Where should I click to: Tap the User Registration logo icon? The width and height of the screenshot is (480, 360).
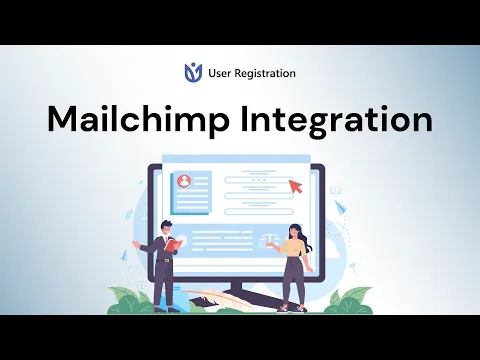pyautogui.click(x=193, y=72)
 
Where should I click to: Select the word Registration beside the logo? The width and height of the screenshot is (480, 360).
pyautogui.click(x=263, y=73)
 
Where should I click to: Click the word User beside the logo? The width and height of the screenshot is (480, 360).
pyautogui.click(x=218, y=73)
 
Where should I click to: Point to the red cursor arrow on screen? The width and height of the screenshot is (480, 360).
pyautogui.click(x=295, y=185)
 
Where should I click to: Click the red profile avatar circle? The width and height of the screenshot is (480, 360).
pyautogui.click(x=184, y=181)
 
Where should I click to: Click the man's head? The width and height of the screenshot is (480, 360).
pyautogui.click(x=164, y=226)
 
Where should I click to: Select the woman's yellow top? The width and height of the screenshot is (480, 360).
pyautogui.click(x=292, y=247)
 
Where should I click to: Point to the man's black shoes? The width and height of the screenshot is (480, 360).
pyautogui.click(x=166, y=308)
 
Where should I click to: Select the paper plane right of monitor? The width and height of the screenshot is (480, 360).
pyautogui.click(x=340, y=208)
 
